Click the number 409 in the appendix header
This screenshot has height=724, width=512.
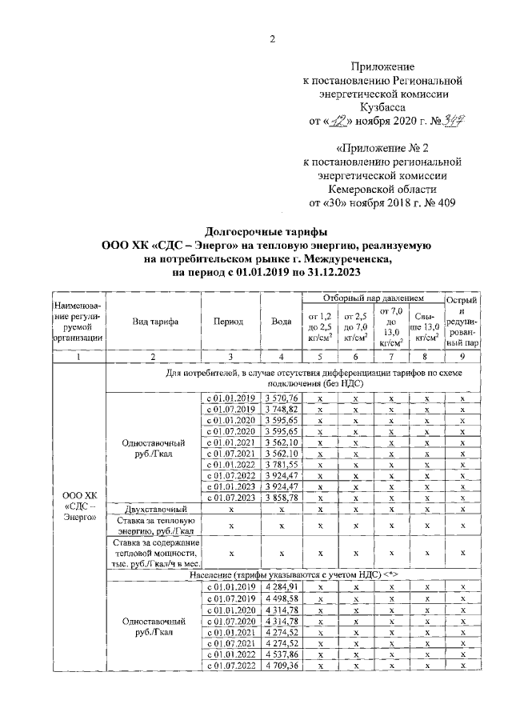(x=445, y=202)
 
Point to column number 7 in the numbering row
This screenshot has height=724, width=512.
(x=390, y=357)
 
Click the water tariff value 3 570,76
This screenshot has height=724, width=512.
(x=281, y=398)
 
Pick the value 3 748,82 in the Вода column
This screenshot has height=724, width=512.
(x=281, y=409)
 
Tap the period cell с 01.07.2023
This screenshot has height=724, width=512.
(x=230, y=498)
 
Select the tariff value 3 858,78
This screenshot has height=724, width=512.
(x=281, y=498)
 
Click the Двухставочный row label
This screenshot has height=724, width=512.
(x=154, y=509)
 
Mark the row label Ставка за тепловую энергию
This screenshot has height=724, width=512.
(x=154, y=526)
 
